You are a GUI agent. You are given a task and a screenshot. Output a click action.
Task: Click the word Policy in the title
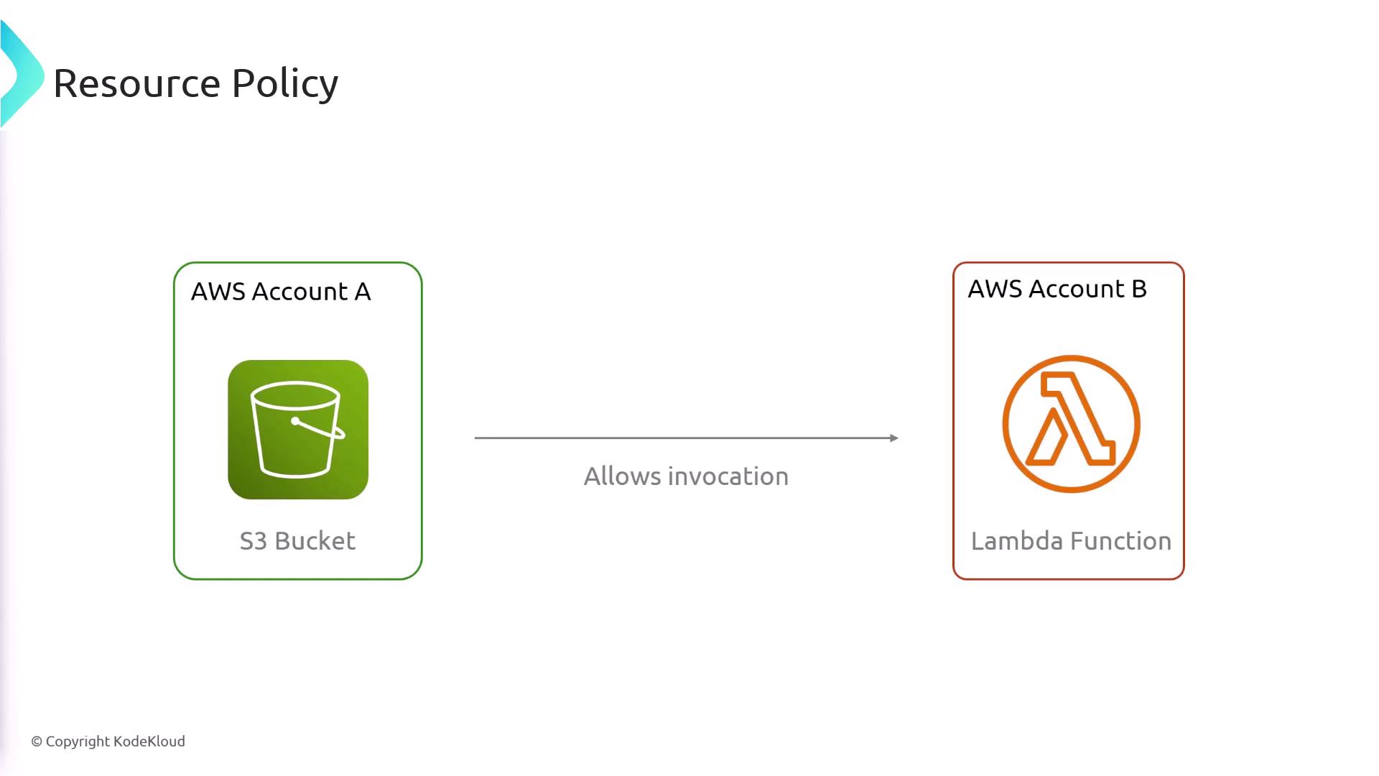coord(284,85)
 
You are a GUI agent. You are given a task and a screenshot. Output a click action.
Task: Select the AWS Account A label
coord(281,292)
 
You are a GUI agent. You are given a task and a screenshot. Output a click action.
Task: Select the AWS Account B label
coord(1057,289)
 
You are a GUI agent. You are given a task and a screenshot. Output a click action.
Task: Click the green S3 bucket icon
coord(298,430)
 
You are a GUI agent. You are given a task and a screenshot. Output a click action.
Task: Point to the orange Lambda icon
coord(1071,424)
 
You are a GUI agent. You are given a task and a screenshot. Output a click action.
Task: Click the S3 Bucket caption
coord(297,541)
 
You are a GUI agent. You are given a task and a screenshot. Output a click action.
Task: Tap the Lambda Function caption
coord(1071,541)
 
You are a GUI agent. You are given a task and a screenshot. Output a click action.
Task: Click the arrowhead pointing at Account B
coord(894,438)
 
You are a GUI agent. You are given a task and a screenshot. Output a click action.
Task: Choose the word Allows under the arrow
coord(622,476)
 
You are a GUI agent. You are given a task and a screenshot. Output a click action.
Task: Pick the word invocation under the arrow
coord(728,476)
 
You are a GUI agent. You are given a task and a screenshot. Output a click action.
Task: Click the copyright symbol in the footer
coord(37,742)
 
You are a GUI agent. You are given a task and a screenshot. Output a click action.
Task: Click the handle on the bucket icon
coord(320,428)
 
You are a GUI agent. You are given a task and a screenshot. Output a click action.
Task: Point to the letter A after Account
coord(363,292)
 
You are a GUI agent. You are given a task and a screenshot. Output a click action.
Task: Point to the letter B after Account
coord(1139,289)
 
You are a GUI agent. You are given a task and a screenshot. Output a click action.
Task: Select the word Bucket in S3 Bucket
coord(315,541)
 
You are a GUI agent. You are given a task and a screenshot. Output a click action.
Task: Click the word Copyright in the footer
coord(78,742)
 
